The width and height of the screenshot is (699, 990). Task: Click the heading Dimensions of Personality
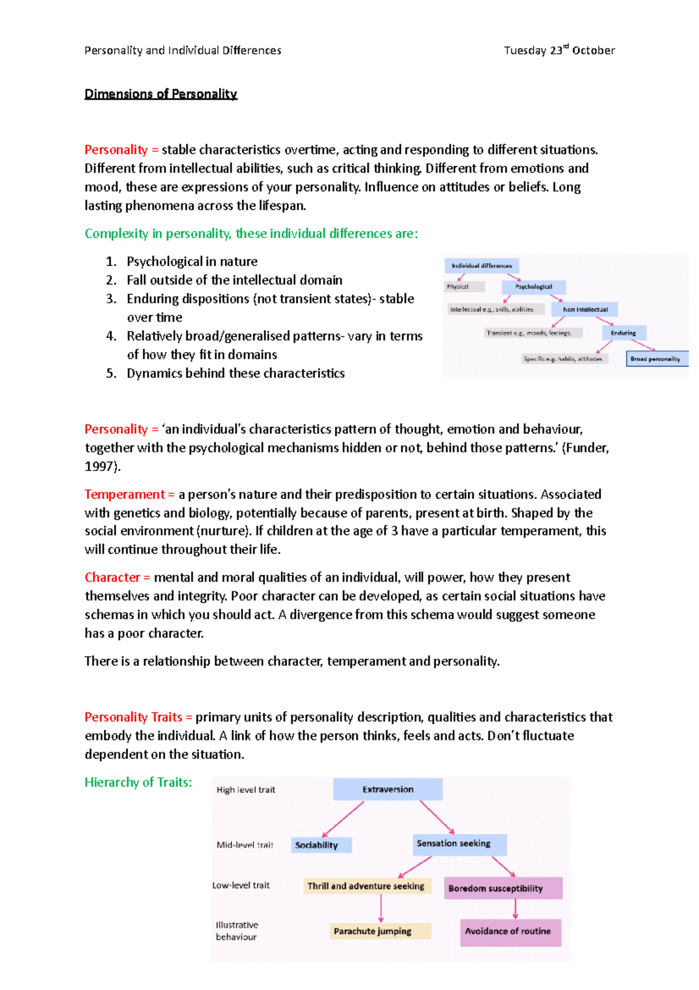(x=161, y=94)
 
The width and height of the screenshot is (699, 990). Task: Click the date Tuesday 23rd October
(x=559, y=51)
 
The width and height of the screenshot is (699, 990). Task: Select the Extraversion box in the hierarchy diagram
(x=387, y=789)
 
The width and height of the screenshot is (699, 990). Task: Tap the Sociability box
(x=320, y=845)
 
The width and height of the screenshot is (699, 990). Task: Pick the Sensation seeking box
(x=459, y=844)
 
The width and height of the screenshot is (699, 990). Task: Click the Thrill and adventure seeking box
(x=367, y=886)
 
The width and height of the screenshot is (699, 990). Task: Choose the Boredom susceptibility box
(x=503, y=888)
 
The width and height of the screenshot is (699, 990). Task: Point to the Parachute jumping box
(x=380, y=931)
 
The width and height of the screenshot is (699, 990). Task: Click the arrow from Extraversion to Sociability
(x=343, y=819)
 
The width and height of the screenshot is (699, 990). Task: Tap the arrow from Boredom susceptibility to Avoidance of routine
(x=516, y=909)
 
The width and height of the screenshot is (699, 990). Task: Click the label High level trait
(x=246, y=790)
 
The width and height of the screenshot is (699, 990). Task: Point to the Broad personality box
(x=656, y=359)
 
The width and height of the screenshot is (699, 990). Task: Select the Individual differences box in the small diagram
(x=482, y=266)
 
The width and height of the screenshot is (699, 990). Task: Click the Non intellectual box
(x=585, y=310)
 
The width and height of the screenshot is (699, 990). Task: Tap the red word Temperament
(x=125, y=494)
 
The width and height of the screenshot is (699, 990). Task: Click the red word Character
(x=112, y=577)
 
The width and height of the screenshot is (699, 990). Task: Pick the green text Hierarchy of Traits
(x=138, y=782)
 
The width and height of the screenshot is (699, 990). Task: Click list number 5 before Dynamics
(x=111, y=374)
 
